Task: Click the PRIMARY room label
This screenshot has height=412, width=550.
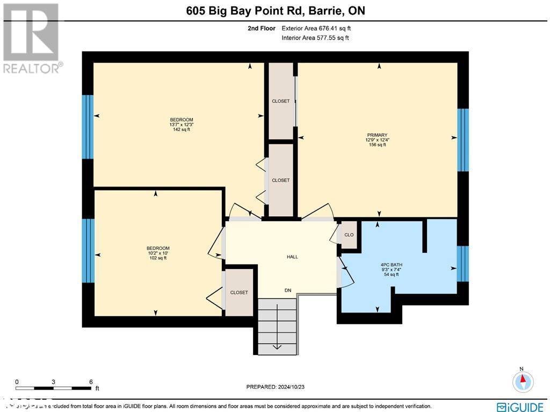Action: point(377,135)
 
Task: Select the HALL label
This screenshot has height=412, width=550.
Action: point(292,257)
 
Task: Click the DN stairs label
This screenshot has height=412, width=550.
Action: point(288,290)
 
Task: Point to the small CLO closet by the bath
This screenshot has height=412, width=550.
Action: point(349,235)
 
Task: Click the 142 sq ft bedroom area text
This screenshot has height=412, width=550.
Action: point(182,130)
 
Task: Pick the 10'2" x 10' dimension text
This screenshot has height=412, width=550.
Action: point(158,253)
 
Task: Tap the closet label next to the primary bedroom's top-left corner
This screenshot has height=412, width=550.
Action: point(280,101)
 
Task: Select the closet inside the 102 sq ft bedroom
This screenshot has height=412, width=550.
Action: point(239,293)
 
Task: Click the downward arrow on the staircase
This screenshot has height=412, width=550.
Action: point(277,346)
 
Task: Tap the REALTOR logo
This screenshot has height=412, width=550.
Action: point(31,38)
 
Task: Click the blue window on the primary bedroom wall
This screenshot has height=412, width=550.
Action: point(462,140)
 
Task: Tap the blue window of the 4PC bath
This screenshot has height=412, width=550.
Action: point(462,264)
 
